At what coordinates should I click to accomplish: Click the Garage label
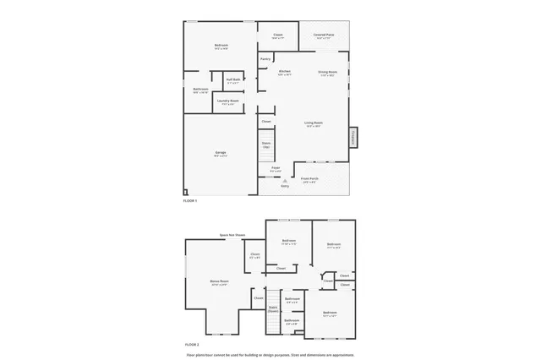(x=220, y=152)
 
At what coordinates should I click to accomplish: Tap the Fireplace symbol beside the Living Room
(x=353, y=136)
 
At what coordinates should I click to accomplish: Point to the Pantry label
(x=265, y=58)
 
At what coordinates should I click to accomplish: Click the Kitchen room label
(x=285, y=72)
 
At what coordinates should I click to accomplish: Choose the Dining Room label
(x=327, y=73)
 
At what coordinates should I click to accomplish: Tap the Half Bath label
(x=232, y=80)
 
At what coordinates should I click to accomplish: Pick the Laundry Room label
(x=225, y=101)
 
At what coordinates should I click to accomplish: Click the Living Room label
(x=314, y=123)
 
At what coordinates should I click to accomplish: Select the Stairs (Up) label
(x=266, y=145)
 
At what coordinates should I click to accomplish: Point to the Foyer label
(x=276, y=167)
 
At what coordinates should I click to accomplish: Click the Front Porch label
(x=309, y=178)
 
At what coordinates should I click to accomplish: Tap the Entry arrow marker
(x=285, y=180)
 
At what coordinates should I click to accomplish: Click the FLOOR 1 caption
(x=190, y=200)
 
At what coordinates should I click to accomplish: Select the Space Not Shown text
(x=232, y=234)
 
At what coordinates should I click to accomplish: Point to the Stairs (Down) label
(x=273, y=309)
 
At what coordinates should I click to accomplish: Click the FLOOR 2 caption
(x=191, y=344)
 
